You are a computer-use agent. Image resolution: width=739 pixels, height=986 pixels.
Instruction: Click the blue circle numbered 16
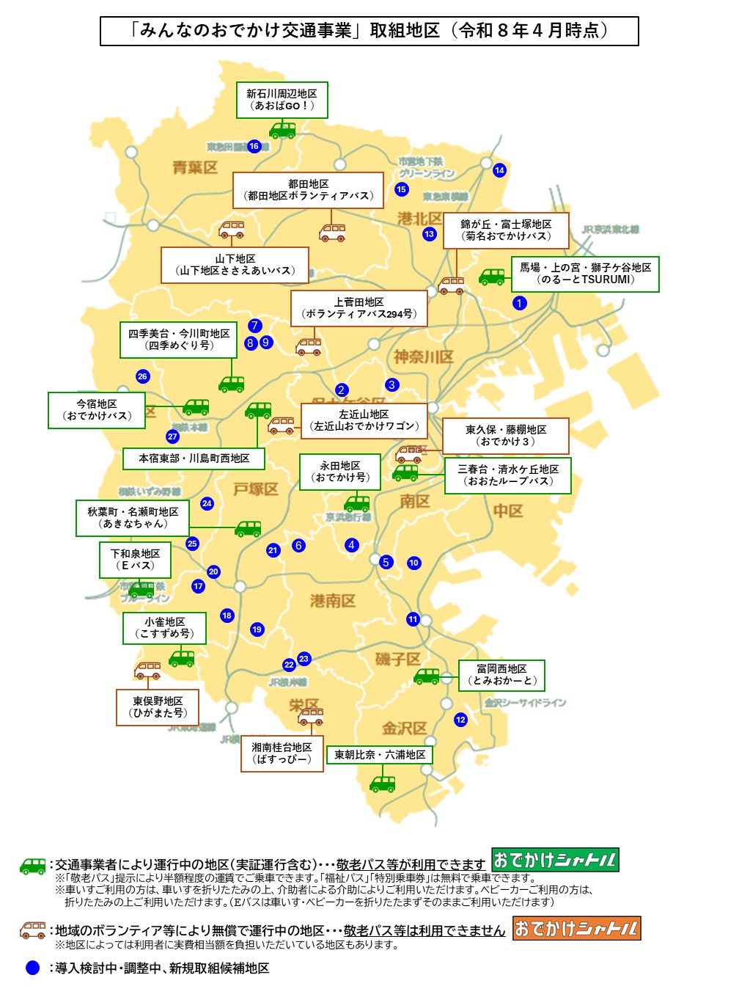click(x=254, y=146)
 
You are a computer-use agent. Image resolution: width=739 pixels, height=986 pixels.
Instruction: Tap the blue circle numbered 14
click(x=499, y=170)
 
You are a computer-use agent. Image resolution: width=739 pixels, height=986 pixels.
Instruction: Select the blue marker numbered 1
click(x=519, y=303)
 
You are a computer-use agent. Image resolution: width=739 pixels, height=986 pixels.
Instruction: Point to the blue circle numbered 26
click(x=142, y=376)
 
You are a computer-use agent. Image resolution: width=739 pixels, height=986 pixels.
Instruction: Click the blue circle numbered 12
click(x=460, y=720)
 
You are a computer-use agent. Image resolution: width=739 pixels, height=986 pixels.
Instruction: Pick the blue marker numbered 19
click(x=257, y=629)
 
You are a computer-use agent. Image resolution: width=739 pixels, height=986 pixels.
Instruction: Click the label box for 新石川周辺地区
click(x=282, y=100)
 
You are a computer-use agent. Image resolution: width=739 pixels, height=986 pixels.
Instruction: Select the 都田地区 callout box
click(x=308, y=190)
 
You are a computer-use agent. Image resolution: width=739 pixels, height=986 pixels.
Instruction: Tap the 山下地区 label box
click(x=235, y=265)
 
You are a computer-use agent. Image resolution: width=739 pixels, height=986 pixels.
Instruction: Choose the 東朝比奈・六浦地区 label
click(x=380, y=755)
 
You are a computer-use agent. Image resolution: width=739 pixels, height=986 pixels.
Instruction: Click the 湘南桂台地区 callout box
click(x=282, y=753)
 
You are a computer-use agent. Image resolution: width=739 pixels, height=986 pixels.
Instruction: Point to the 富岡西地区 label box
click(x=501, y=675)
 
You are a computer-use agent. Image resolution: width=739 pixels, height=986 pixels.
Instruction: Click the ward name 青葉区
click(x=195, y=167)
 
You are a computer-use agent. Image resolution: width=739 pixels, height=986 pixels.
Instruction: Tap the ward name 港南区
click(x=332, y=601)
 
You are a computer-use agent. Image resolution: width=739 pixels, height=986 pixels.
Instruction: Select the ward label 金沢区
click(x=404, y=728)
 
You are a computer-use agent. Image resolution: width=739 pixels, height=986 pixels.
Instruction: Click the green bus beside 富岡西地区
click(x=427, y=676)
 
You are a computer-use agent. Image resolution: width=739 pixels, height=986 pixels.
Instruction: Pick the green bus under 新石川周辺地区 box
click(x=282, y=131)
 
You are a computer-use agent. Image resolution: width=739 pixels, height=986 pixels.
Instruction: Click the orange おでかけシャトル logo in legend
click(x=576, y=928)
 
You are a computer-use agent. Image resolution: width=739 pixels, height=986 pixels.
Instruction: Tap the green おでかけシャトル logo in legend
click(x=555, y=860)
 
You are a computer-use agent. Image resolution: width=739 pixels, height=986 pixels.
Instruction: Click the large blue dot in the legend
click(x=32, y=968)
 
